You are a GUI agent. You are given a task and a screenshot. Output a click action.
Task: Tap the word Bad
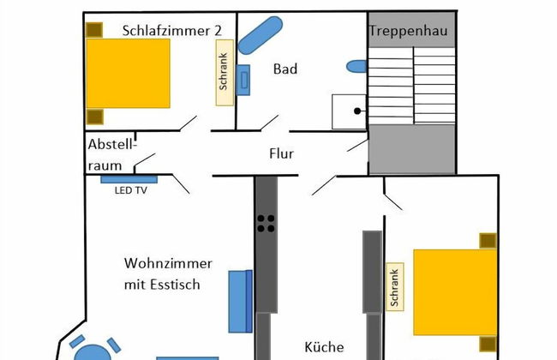[285, 69]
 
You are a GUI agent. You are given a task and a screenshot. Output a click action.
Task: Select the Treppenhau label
[410, 31]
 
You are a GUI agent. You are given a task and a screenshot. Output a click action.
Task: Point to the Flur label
[281, 154]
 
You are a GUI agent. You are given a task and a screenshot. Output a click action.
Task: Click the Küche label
[324, 347]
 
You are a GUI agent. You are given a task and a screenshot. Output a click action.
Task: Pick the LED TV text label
[131, 191]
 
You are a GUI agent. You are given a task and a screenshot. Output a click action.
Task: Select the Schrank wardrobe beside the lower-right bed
[395, 287]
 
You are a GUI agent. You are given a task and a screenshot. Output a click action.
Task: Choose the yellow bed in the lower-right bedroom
[455, 291]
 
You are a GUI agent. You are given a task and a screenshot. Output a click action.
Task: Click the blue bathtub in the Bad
[260, 33]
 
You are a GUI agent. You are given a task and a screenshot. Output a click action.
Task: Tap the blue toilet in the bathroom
[357, 66]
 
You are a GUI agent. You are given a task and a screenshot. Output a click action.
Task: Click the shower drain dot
[357, 111]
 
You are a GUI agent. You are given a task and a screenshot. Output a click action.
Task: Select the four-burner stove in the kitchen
[267, 223]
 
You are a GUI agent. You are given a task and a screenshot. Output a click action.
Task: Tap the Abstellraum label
[112, 154]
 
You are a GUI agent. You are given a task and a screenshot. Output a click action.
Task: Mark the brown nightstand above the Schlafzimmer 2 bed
[95, 29]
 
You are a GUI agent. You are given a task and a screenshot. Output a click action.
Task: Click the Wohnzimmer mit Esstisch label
[168, 273]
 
